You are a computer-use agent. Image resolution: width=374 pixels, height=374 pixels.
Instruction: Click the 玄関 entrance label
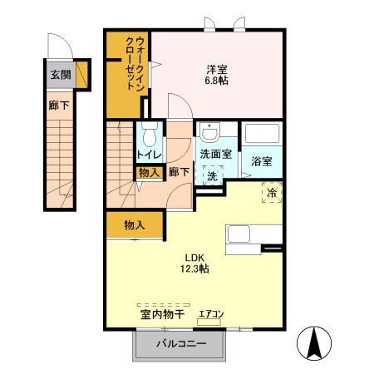[x=60, y=76]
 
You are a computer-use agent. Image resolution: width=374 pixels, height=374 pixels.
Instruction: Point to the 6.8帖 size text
[x=219, y=81]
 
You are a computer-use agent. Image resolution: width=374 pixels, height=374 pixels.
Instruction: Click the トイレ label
[x=149, y=155]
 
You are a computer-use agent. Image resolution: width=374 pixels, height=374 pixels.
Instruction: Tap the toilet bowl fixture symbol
[x=150, y=134]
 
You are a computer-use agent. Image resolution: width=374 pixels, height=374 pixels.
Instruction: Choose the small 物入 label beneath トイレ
[x=149, y=172]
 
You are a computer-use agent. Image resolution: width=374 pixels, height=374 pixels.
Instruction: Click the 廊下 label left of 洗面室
[x=179, y=172]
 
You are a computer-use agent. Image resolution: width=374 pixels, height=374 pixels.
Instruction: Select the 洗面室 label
[x=217, y=155]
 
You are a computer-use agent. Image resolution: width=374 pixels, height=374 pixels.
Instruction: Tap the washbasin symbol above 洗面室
[x=209, y=134]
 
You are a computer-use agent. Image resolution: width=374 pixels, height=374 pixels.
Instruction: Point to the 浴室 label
[x=262, y=161]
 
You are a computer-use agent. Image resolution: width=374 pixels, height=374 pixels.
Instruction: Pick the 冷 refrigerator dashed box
[x=271, y=192]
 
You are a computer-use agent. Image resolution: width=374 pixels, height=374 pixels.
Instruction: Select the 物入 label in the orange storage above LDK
[x=135, y=224]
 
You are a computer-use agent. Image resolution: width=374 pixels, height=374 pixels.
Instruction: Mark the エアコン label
[x=211, y=315]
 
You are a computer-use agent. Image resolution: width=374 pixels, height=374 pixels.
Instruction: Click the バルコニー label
[x=179, y=345]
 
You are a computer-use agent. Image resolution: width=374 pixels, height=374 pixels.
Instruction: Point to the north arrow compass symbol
[x=315, y=343]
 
